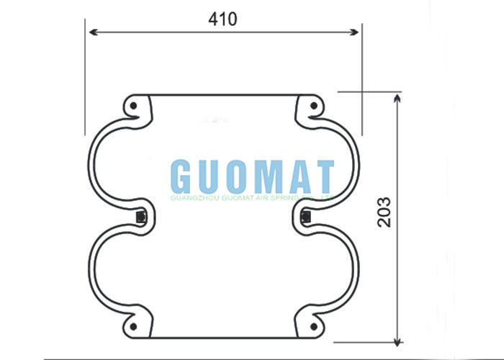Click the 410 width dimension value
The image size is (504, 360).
coord(223,19)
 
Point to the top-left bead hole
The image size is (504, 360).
coord(134,107)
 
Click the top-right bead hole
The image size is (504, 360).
coord(313,107)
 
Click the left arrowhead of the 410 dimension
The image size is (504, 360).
coord(91,32)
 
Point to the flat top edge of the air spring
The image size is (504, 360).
coord(223,94)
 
